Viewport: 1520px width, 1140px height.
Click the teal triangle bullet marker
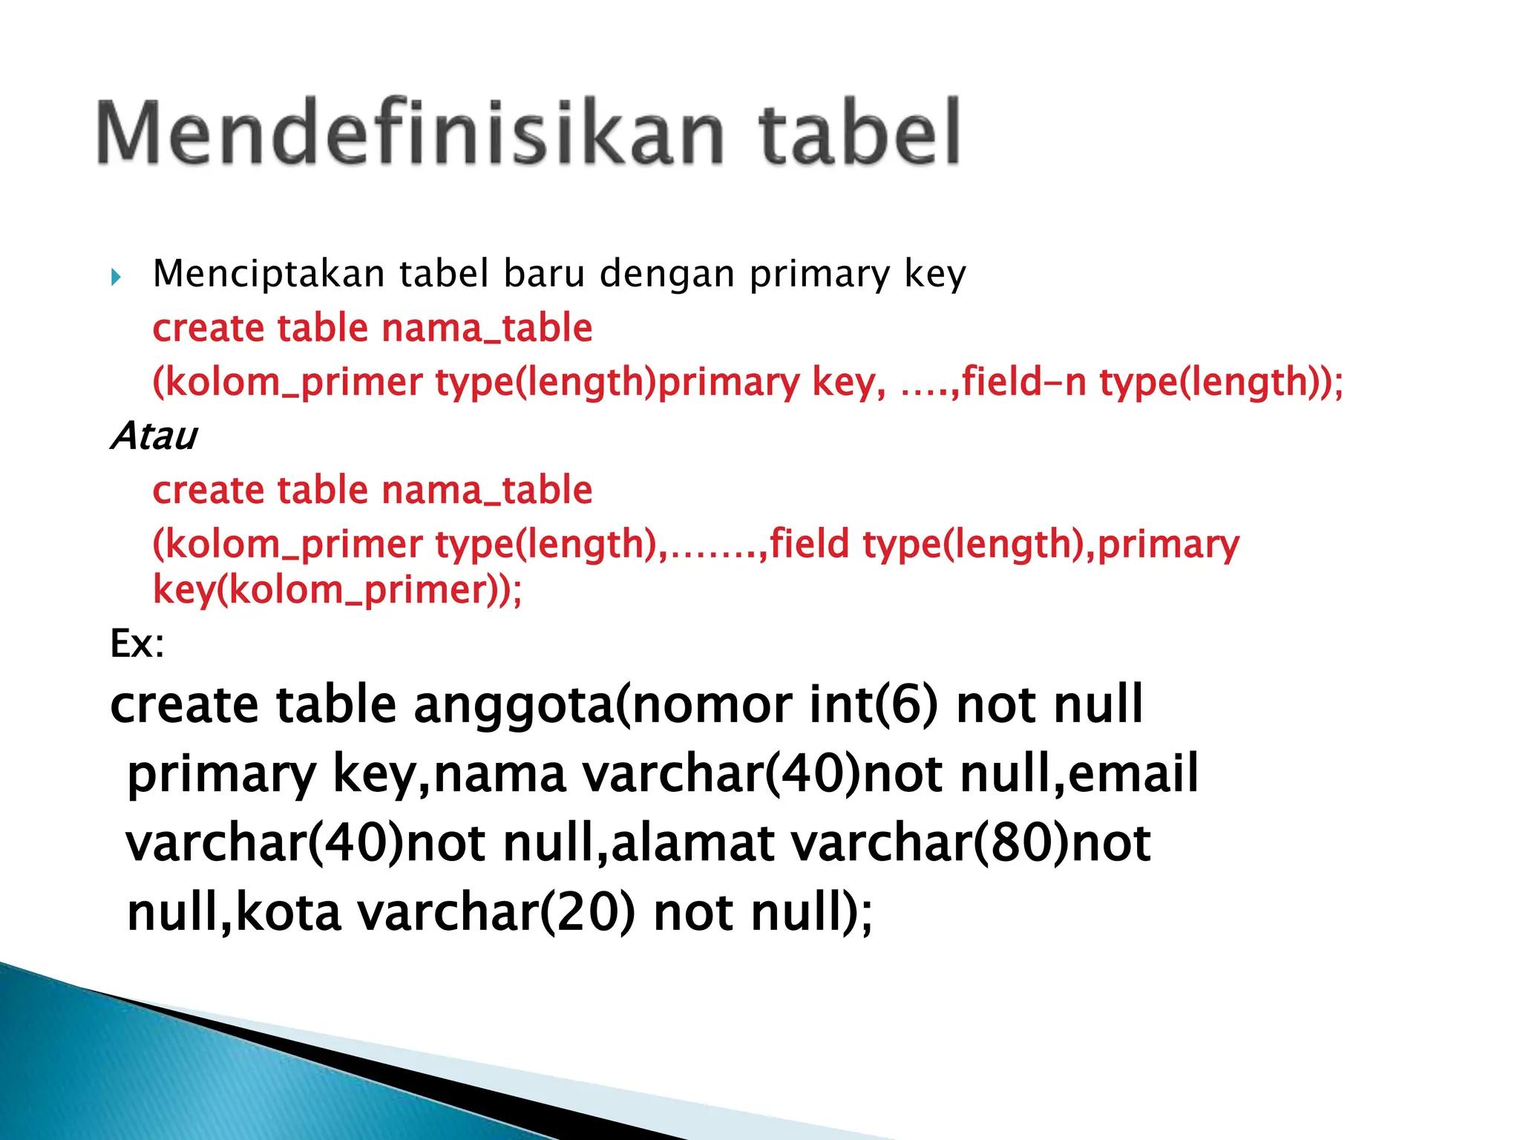[x=116, y=278]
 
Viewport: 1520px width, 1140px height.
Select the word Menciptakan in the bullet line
[x=268, y=274]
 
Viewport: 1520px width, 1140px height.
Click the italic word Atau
[x=154, y=436]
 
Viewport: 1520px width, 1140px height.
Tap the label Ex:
[x=137, y=643]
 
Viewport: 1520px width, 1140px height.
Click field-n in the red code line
[x=1023, y=382]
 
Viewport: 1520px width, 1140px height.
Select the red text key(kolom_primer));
[x=337, y=591]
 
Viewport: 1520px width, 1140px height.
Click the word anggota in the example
[x=513, y=706]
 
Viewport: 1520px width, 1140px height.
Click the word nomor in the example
[x=712, y=706]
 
